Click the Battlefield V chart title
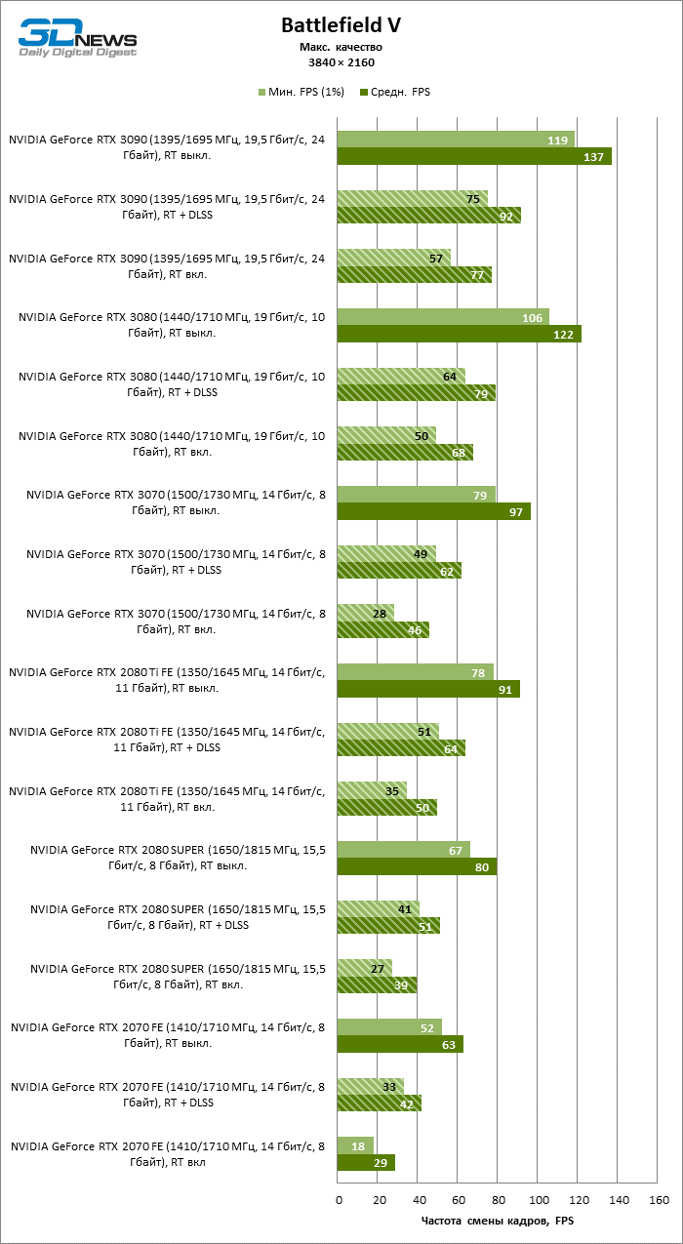(x=341, y=25)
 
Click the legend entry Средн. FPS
(x=394, y=92)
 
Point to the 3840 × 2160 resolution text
(x=341, y=62)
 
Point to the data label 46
(x=415, y=630)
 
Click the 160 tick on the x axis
(x=659, y=1198)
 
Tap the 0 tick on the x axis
(x=339, y=1198)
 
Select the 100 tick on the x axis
(x=538, y=1198)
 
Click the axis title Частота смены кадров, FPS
(x=498, y=1220)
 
